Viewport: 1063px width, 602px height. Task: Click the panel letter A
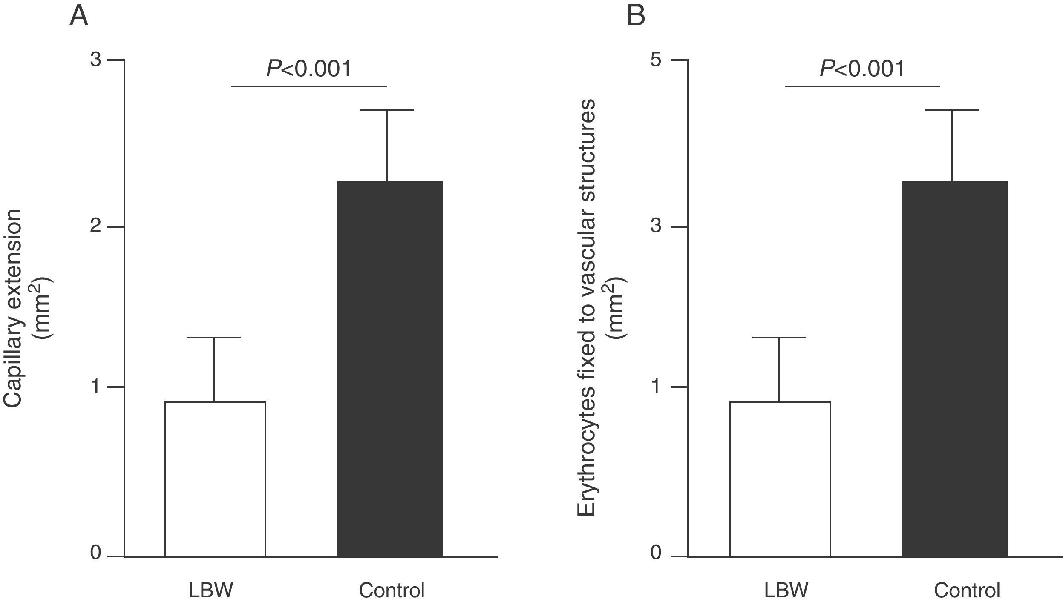(79, 16)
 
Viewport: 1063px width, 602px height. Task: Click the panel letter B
(636, 16)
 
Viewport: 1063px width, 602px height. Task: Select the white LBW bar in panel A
(215, 479)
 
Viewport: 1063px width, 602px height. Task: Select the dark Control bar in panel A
(390, 369)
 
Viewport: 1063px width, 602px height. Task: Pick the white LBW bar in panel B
(780, 479)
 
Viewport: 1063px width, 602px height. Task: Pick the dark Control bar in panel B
(955, 369)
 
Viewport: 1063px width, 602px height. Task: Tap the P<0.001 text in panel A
(309, 69)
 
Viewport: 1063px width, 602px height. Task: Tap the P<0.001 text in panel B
(862, 69)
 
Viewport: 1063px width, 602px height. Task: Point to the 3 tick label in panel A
(95, 60)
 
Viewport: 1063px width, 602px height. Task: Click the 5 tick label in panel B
(656, 60)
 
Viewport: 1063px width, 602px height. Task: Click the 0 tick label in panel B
(656, 553)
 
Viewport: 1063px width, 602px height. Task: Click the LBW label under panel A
(211, 590)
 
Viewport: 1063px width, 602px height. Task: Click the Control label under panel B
(967, 590)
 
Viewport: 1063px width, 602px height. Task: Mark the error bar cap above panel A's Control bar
(387, 110)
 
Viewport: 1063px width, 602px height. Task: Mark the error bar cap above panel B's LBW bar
(780, 338)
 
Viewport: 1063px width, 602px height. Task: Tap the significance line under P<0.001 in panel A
(309, 86)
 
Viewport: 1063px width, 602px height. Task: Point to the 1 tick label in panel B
(656, 387)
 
